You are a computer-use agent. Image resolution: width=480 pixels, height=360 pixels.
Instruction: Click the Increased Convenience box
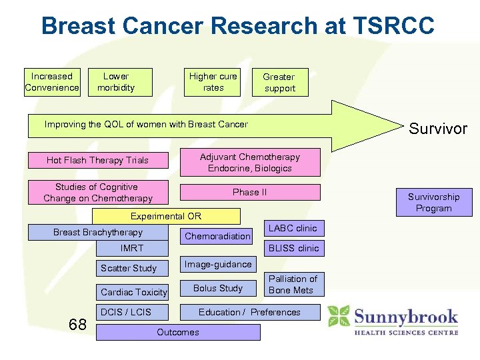[x=52, y=82]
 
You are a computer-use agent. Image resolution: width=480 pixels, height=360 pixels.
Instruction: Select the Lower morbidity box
[x=120, y=82]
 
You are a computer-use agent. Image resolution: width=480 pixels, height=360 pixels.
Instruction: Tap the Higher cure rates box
[x=213, y=82]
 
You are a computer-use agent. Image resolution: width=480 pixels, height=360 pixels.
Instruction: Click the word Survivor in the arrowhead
[x=437, y=129]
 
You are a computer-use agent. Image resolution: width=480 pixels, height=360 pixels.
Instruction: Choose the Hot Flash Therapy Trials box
[x=97, y=160]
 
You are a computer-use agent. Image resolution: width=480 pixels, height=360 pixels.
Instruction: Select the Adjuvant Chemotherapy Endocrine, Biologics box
[x=250, y=163]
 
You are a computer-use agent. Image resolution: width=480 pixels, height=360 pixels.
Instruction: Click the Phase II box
[x=250, y=192]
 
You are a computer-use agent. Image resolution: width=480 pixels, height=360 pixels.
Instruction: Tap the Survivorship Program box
[x=433, y=203]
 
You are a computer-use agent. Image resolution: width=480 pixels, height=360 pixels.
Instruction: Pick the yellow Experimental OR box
[x=166, y=216]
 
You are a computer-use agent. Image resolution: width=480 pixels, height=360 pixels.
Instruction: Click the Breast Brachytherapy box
[x=98, y=232]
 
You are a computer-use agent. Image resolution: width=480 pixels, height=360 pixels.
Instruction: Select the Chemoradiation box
[x=217, y=236]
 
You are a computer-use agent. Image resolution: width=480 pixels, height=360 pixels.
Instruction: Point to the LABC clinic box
[x=292, y=228]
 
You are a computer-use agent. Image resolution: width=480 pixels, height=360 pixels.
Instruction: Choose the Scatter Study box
[x=132, y=268]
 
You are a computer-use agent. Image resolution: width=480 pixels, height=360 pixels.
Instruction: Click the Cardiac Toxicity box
[x=133, y=292]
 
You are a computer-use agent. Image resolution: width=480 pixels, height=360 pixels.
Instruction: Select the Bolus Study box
[x=217, y=288]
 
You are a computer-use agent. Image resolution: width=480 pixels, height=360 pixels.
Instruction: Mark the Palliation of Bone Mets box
[x=293, y=284]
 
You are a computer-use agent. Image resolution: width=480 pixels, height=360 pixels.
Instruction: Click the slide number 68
[x=77, y=325]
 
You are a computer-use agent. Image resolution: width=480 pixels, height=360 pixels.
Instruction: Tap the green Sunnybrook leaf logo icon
[x=339, y=317]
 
